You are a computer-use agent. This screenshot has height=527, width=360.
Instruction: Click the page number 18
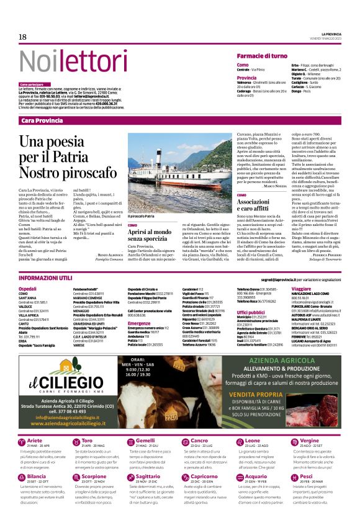coord(22,37)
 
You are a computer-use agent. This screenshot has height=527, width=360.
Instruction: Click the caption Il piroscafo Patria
coord(141,215)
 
